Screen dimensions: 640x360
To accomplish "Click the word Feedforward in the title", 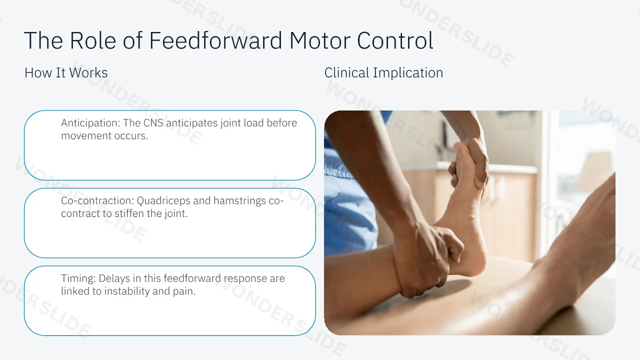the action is point(215,40).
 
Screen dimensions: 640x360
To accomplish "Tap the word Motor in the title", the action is point(319,40).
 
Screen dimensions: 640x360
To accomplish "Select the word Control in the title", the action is point(395,40).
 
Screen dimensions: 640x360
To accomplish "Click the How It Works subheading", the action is point(66,72).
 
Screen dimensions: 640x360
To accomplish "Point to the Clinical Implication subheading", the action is point(383,72).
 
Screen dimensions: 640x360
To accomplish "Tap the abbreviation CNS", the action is point(153,123).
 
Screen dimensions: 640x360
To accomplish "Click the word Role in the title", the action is point(93,40).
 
